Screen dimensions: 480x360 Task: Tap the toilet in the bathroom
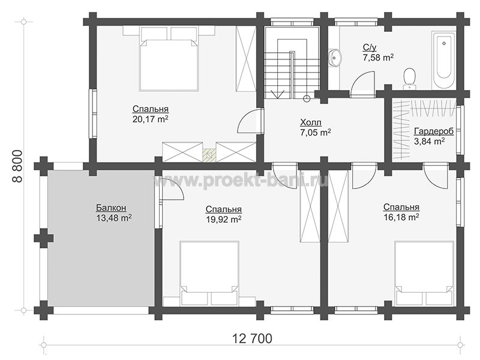tap(409, 79)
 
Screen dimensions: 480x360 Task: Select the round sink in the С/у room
tap(335, 57)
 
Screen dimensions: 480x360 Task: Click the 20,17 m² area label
tap(151, 119)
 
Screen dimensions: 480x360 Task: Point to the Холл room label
tap(311, 123)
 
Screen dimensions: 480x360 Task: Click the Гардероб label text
tap(434, 131)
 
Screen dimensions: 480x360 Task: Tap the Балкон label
tap(111, 208)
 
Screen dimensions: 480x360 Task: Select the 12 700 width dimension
tap(252, 339)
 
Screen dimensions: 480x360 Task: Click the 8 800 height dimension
tap(18, 166)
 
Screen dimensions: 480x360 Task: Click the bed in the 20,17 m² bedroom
tap(169, 58)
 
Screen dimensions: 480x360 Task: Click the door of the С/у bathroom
tap(362, 84)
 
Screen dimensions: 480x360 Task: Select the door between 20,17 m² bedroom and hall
tap(250, 121)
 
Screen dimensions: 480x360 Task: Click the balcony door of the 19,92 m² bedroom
tap(171, 190)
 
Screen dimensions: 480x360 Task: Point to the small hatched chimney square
tap(209, 155)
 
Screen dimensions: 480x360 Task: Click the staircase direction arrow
tap(278, 94)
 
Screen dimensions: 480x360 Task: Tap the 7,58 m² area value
tap(378, 57)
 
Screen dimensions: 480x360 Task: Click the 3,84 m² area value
tap(429, 141)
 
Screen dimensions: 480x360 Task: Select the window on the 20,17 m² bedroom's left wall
tap(93, 114)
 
